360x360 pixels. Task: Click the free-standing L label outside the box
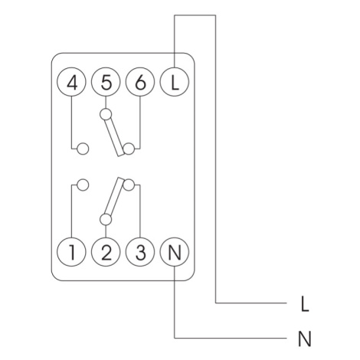[x=305, y=304]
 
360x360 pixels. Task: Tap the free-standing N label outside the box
[x=305, y=339]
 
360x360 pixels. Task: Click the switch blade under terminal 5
[x=114, y=137]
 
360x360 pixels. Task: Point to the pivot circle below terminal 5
[x=106, y=114]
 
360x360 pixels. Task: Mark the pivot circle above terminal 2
[x=106, y=219]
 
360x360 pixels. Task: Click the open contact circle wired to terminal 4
[x=83, y=149]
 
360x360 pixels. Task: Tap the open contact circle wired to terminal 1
[x=83, y=185]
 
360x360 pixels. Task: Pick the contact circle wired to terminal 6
[x=129, y=149]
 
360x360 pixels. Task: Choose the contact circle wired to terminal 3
[x=129, y=185]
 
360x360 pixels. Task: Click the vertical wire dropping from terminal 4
[x=71, y=123]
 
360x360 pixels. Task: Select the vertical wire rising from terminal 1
[x=71, y=211]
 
